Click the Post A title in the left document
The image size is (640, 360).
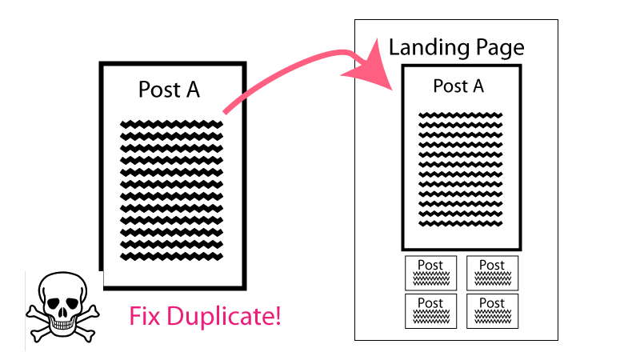tap(169, 89)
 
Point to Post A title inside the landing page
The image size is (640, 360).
tap(458, 86)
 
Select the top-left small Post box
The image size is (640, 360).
tap(430, 273)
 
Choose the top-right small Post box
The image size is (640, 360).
tap(492, 273)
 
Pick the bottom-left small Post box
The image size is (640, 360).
tap(430, 310)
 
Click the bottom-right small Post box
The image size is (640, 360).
tap(492, 310)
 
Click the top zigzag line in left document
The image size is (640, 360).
tap(171, 124)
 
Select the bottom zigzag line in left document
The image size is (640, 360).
tap(171, 256)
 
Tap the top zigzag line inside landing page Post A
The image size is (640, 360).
tap(460, 116)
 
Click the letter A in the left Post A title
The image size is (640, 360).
tap(192, 89)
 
